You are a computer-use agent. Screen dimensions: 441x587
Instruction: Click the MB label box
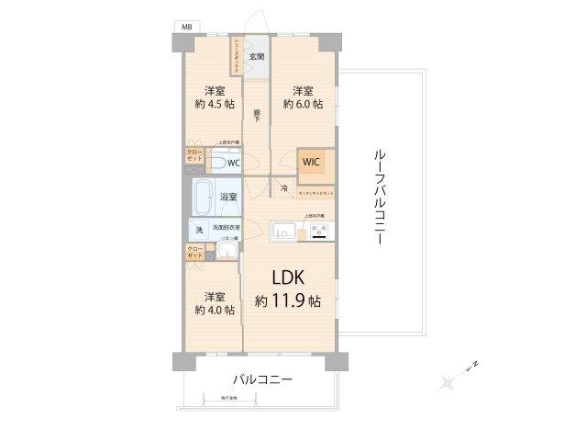tap(186, 29)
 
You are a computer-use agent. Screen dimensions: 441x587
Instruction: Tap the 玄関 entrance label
tap(258, 57)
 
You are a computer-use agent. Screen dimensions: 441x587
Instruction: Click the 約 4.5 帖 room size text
tap(214, 104)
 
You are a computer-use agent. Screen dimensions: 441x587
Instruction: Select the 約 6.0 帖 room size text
tap(303, 104)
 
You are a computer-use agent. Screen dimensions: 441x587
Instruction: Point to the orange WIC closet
tap(311, 162)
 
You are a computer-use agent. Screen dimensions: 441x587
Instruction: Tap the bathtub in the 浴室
tap(205, 197)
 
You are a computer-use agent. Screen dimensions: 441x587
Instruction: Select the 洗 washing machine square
tap(198, 230)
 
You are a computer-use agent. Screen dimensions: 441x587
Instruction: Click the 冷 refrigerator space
tap(284, 188)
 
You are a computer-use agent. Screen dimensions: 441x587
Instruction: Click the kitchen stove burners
tap(318, 231)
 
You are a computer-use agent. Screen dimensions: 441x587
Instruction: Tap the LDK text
tap(287, 278)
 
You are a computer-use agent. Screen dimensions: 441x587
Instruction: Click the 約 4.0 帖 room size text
tap(214, 310)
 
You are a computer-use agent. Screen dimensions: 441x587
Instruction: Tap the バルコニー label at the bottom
tap(261, 379)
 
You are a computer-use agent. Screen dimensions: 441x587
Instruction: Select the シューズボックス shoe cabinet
tap(237, 61)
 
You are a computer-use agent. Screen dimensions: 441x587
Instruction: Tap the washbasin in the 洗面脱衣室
tap(227, 254)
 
